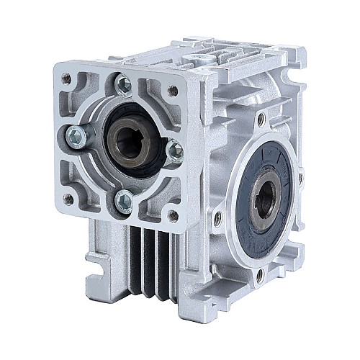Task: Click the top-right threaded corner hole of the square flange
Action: [x=174, y=91]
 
